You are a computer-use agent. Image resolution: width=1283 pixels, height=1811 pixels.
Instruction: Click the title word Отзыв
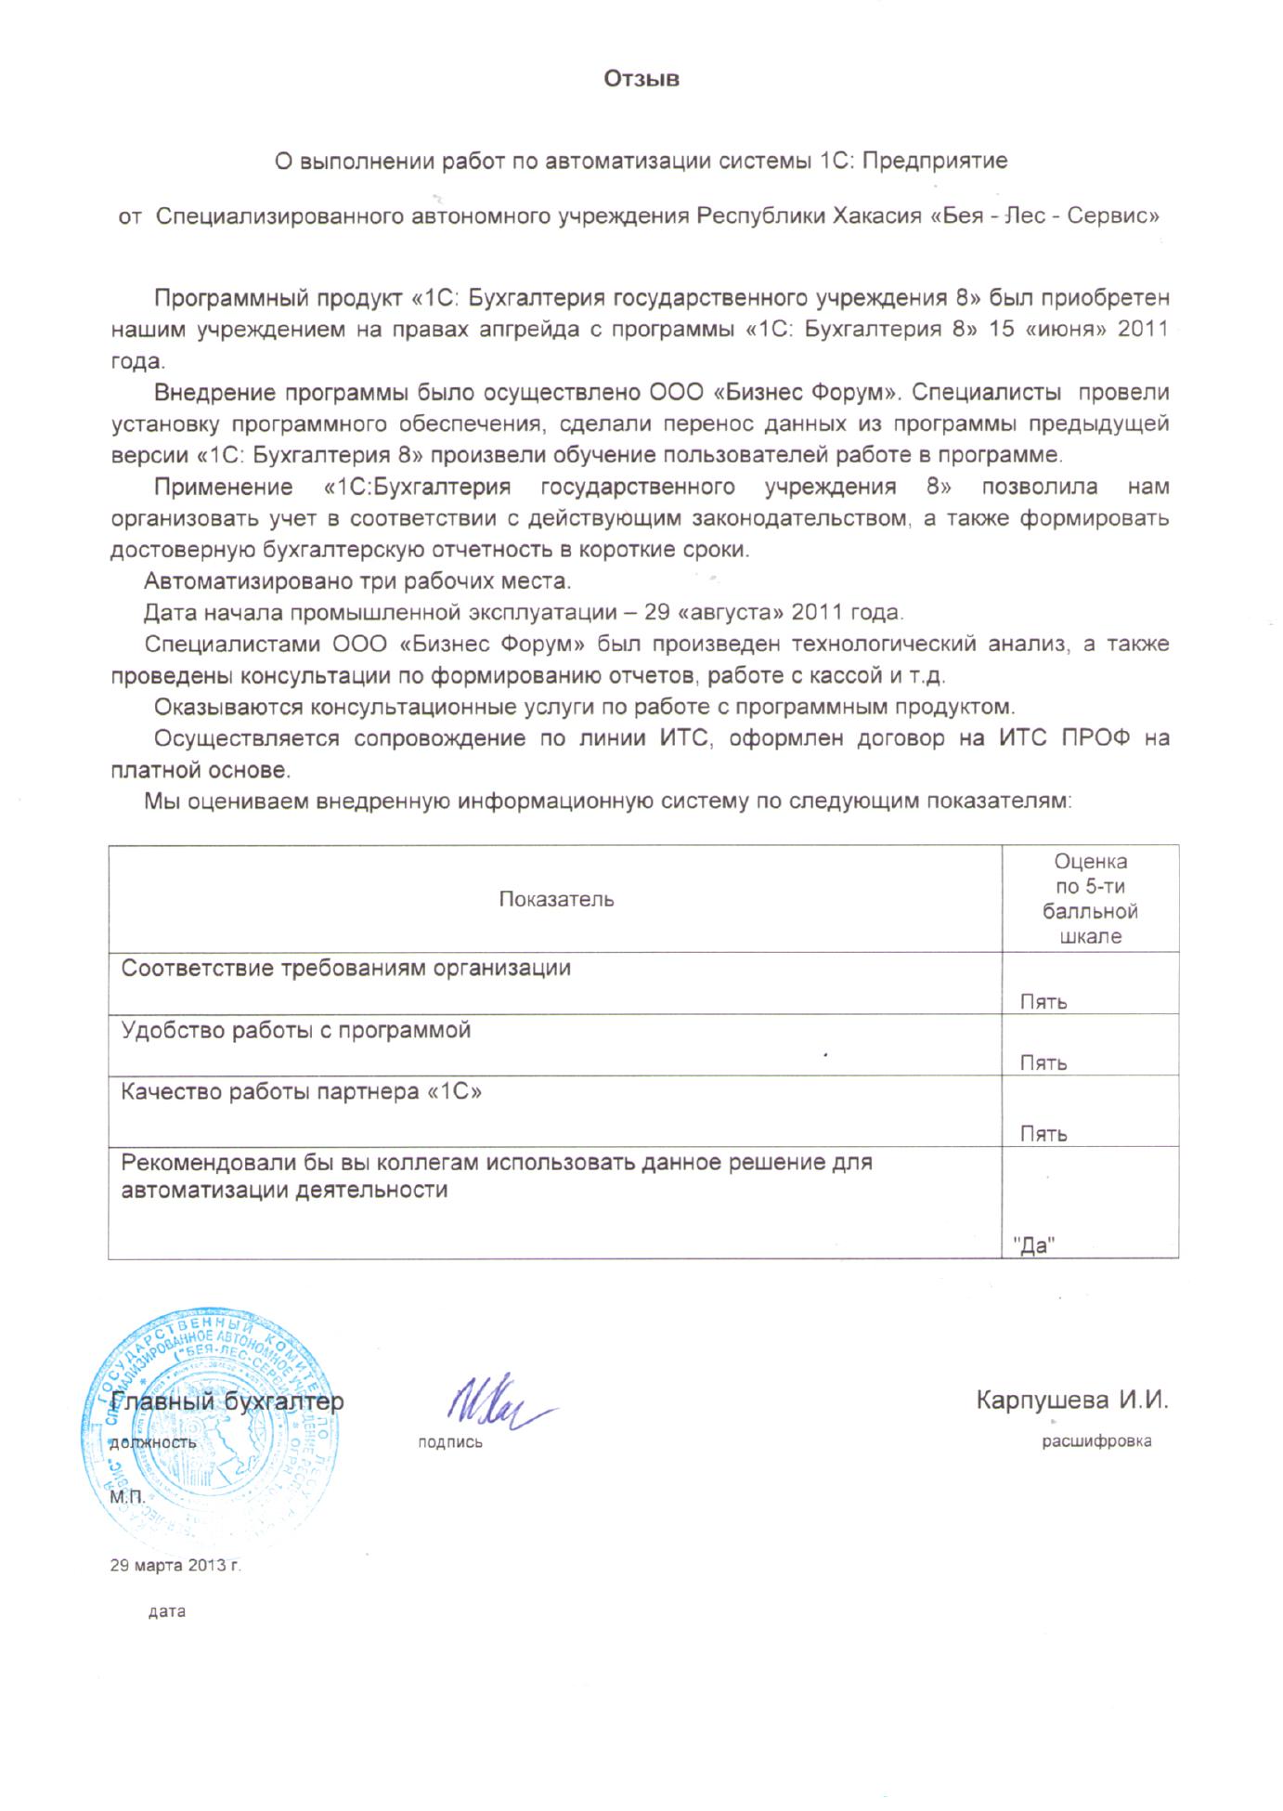click(641, 79)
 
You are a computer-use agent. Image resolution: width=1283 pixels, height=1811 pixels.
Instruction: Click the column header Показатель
click(556, 899)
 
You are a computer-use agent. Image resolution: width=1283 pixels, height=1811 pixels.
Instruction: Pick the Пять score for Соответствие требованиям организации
click(1043, 1002)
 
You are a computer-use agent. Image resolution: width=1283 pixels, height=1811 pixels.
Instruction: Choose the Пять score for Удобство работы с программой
click(1043, 1063)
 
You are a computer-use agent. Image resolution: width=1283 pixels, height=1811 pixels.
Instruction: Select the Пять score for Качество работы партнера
click(1043, 1134)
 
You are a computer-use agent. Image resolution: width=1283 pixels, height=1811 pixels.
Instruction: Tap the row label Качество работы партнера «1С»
click(302, 1092)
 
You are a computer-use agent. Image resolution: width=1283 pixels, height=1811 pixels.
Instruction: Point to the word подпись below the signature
click(450, 1443)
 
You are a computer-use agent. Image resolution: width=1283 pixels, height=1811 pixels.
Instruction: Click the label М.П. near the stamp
click(127, 1498)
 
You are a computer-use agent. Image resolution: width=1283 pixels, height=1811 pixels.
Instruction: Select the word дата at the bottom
click(167, 1612)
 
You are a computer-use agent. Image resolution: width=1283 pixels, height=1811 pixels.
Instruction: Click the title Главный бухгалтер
click(227, 1401)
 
